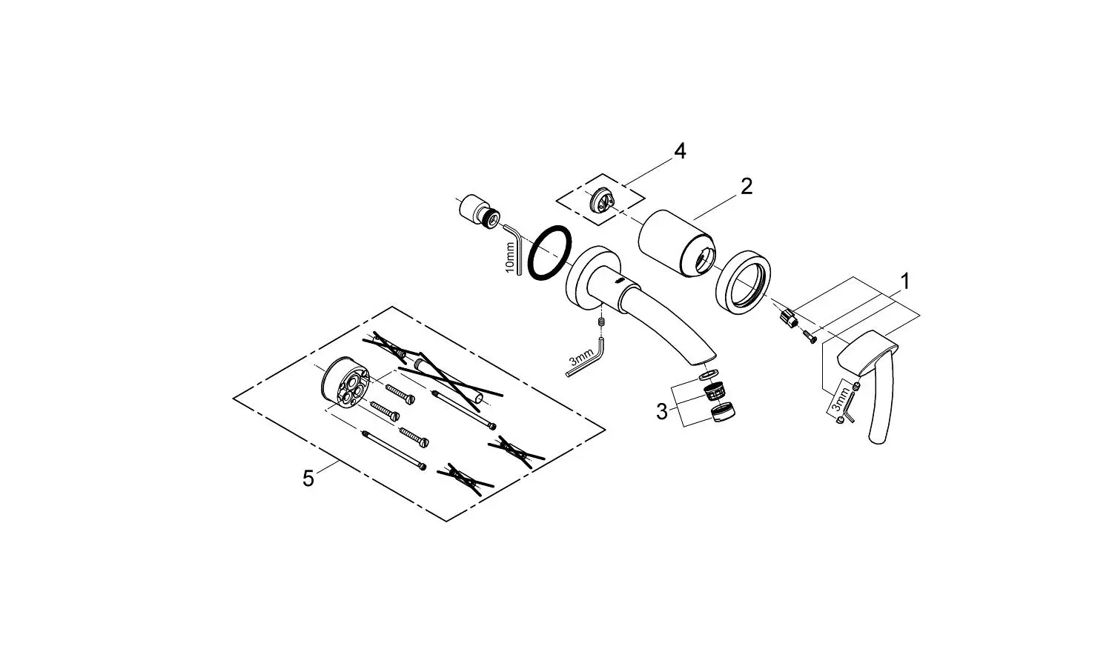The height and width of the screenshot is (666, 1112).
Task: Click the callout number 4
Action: coord(680,150)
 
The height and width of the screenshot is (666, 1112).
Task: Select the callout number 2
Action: coord(747,187)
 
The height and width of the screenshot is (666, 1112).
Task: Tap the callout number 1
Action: coord(905,282)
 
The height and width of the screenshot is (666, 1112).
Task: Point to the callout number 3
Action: coord(662,412)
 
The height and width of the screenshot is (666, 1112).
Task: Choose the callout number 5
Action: coord(308,479)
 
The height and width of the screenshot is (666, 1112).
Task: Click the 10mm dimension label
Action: coord(509,257)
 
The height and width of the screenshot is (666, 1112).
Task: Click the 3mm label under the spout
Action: coord(580,356)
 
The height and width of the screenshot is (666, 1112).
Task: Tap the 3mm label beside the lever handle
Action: coord(838,400)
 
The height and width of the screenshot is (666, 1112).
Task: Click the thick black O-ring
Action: coord(549,253)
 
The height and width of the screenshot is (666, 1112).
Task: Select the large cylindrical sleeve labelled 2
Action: coord(676,243)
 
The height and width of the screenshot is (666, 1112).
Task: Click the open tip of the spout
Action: coord(704,361)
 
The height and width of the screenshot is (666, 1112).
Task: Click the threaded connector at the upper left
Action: coord(479,212)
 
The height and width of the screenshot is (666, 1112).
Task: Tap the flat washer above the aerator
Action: coord(709,374)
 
